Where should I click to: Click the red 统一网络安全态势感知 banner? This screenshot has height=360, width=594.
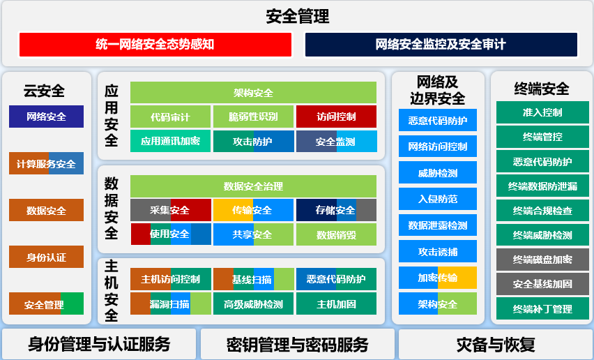tap(155, 45)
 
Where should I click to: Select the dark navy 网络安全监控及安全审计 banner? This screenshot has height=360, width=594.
tap(441, 45)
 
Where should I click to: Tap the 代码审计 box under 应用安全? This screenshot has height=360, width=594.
tap(170, 117)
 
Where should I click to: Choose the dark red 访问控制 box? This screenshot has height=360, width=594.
tap(337, 117)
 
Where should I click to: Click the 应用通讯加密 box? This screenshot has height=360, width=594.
tap(170, 141)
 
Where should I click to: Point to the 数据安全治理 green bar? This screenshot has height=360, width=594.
tap(253, 186)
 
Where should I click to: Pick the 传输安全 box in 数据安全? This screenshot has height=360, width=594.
tap(253, 210)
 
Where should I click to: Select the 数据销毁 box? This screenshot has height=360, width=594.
tap(337, 234)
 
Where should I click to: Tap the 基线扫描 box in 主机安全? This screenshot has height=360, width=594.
tap(253, 279)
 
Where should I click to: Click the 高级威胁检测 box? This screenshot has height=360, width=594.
tap(253, 303)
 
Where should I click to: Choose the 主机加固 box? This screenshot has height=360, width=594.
tap(337, 303)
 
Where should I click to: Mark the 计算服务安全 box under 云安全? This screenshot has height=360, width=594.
tap(46, 163)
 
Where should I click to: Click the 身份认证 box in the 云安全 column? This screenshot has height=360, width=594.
tap(46, 257)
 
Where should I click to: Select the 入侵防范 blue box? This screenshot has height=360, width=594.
tap(438, 199)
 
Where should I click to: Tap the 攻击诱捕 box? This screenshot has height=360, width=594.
tap(438, 251)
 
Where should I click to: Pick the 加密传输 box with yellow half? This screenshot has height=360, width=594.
tap(438, 278)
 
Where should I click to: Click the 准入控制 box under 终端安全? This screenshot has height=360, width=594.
tap(542, 112)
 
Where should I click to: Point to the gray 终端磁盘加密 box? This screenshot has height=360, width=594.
tap(542, 260)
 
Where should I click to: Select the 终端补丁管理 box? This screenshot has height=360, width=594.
tap(542, 309)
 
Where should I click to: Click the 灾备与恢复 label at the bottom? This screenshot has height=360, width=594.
tap(496, 344)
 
